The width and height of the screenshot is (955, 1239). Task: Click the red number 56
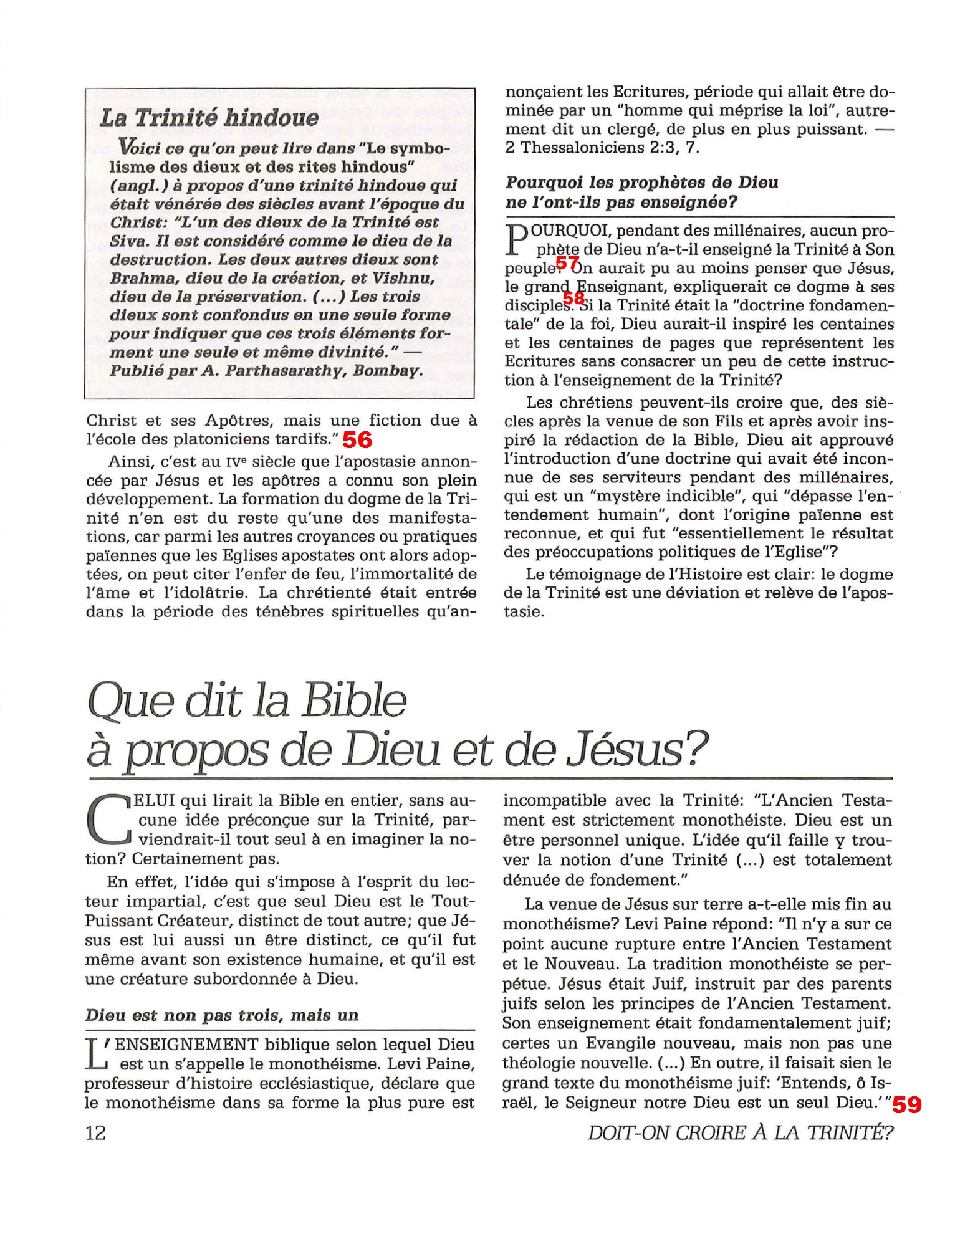357,440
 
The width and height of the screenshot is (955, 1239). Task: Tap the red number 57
567,264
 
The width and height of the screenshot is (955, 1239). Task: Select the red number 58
574,299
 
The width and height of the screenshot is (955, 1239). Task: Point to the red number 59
906,1105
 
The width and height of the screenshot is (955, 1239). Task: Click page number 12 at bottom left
95,1132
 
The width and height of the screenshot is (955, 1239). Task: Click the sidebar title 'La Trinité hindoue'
209,118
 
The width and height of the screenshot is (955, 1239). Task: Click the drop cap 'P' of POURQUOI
514,241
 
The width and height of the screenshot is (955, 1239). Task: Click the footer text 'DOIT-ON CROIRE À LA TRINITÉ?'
740,1132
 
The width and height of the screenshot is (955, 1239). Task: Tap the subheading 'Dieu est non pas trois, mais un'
222,1015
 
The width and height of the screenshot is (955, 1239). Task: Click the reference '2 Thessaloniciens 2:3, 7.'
602,148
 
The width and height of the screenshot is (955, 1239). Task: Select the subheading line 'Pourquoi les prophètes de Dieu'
642,183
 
